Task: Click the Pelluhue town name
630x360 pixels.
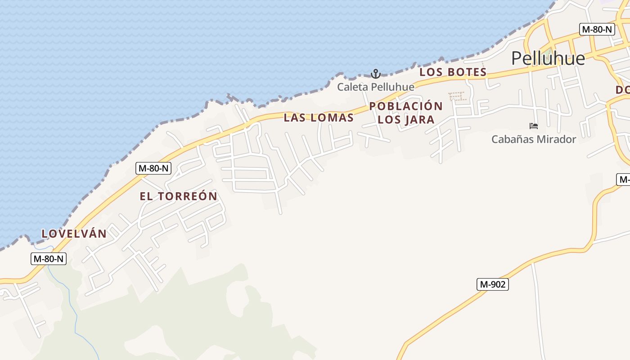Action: (x=548, y=58)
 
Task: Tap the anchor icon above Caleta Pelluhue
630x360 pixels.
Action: (x=375, y=73)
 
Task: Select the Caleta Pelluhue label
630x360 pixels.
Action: (x=376, y=87)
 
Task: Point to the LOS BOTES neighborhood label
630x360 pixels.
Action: (x=453, y=72)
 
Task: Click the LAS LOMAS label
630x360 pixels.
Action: (x=319, y=118)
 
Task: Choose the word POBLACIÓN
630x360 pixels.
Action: (x=406, y=106)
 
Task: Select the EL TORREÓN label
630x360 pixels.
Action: (x=179, y=196)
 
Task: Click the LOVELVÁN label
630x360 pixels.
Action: (x=74, y=234)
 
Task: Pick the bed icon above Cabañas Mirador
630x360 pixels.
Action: (x=534, y=126)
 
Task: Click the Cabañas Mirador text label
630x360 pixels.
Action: (x=534, y=139)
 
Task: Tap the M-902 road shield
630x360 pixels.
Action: (x=492, y=284)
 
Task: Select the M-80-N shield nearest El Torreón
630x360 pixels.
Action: (x=153, y=168)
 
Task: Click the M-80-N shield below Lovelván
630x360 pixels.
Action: (x=49, y=259)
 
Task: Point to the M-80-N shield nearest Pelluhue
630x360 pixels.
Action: (x=597, y=30)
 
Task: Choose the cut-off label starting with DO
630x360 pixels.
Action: (x=622, y=90)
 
